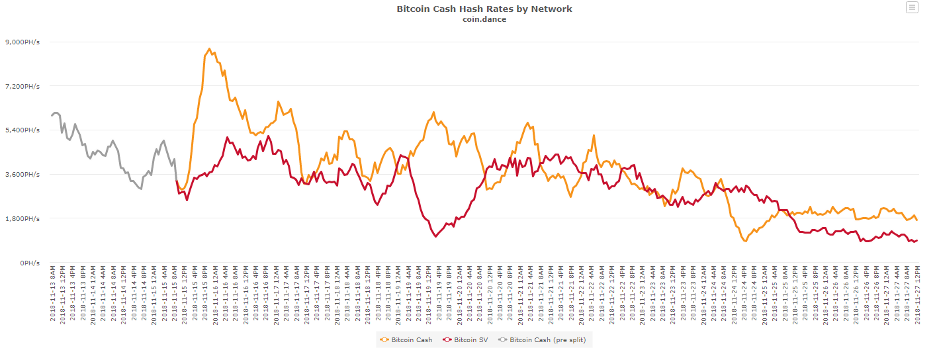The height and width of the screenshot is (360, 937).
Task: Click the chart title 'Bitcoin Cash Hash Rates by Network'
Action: [484, 9]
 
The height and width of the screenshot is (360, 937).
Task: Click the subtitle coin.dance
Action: [484, 19]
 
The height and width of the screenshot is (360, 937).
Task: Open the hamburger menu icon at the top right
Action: [912, 7]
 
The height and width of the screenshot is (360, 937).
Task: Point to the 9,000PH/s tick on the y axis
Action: [23, 42]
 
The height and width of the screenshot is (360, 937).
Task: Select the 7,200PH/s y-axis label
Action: [23, 87]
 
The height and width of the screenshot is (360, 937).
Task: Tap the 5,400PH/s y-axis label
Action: [23, 130]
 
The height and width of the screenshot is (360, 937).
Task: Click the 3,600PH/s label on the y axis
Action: [23, 175]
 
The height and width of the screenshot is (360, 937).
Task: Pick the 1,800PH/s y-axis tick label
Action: [23, 218]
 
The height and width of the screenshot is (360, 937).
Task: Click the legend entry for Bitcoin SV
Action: [470, 340]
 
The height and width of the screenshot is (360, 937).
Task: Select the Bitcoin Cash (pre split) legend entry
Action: [547, 340]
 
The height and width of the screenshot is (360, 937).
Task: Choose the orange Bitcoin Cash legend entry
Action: [411, 340]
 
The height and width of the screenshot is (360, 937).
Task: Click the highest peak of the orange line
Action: [209, 48]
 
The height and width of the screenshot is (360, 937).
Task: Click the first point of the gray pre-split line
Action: [52, 116]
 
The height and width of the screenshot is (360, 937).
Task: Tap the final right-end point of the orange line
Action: [917, 220]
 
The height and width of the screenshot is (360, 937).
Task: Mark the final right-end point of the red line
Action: [917, 240]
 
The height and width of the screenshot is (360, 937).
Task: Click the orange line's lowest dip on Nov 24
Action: [746, 242]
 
